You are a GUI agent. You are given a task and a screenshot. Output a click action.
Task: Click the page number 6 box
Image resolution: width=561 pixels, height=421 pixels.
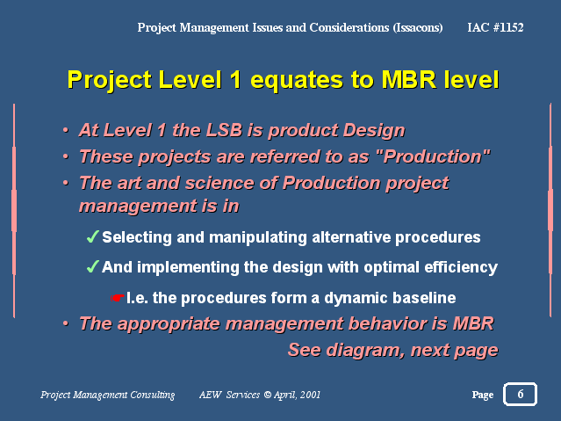click(520, 394)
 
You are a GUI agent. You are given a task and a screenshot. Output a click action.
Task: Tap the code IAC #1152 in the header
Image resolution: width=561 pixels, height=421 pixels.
click(495, 27)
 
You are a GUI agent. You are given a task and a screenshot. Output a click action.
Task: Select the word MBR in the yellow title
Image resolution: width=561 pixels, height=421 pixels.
click(409, 79)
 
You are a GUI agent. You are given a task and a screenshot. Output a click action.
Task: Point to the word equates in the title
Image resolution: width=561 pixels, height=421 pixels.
click(297, 80)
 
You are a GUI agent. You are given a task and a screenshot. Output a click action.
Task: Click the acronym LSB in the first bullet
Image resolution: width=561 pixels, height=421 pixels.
click(225, 130)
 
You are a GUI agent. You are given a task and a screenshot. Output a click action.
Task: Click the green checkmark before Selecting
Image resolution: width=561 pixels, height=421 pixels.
click(92, 236)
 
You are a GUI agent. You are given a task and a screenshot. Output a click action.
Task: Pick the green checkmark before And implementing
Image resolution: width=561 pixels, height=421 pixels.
click(92, 266)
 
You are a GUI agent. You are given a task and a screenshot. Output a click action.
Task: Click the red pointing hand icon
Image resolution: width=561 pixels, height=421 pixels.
click(118, 297)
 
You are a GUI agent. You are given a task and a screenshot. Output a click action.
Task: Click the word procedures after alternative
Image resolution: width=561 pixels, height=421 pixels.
click(437, 237)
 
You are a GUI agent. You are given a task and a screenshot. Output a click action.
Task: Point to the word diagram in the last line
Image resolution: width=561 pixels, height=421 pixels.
click(365, 351)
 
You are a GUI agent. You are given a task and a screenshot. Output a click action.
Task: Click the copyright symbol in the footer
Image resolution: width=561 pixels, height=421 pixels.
click(267, 395)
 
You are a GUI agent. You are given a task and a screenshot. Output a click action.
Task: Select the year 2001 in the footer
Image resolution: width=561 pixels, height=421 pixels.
click(310, 395)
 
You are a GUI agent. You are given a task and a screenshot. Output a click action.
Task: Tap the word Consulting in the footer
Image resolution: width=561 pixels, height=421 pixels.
click(153, 395)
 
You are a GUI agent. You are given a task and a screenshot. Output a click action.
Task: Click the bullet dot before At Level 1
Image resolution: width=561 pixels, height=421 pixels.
click(66, 130)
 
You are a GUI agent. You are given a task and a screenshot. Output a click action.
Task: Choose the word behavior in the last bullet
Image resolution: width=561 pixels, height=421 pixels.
click(387, 323)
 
